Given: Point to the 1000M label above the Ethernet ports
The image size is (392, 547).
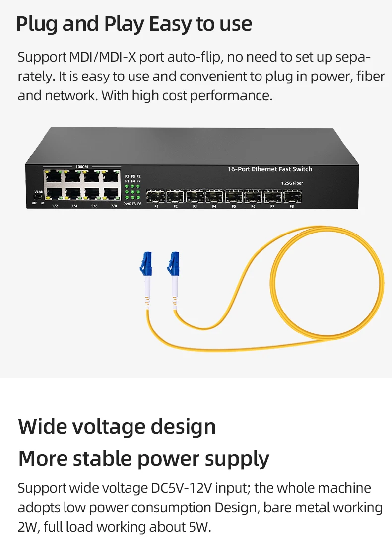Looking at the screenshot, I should tap(82, 167).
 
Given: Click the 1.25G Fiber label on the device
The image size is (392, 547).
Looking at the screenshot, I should tap(291, 183).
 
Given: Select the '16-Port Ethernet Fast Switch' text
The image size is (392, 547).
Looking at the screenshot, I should tap(270, 169).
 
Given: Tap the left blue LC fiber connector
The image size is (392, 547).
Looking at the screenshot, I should tap(146, 264).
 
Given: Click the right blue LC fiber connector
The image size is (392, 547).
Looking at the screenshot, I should tap(174, 263).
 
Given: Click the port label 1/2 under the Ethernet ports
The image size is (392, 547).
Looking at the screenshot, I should tap(55, 206).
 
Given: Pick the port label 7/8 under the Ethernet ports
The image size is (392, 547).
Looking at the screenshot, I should tap(114, 206).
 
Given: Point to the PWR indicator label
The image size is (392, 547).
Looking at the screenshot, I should tap(127, 204).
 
